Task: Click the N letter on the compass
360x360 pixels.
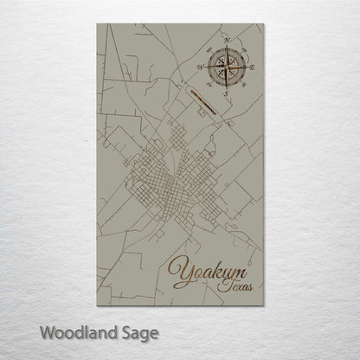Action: point(227,40)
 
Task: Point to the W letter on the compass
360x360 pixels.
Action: point(202,65)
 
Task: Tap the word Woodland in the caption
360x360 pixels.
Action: point(82,332)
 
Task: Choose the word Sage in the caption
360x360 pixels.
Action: point(139,332)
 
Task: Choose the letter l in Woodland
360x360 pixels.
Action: point(85,331)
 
